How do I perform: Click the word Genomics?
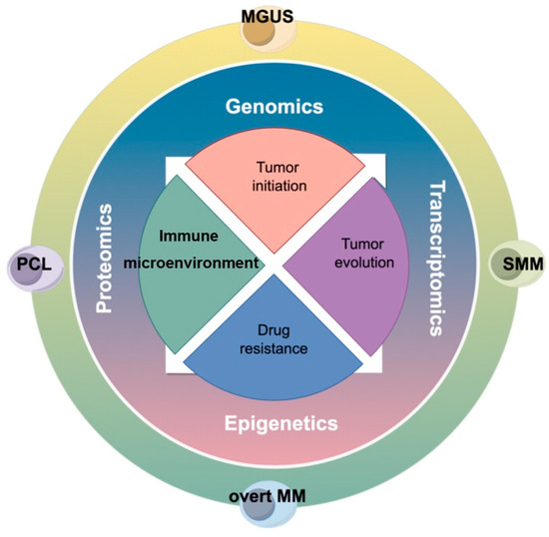point(274,105)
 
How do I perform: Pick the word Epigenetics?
point(274,423)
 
